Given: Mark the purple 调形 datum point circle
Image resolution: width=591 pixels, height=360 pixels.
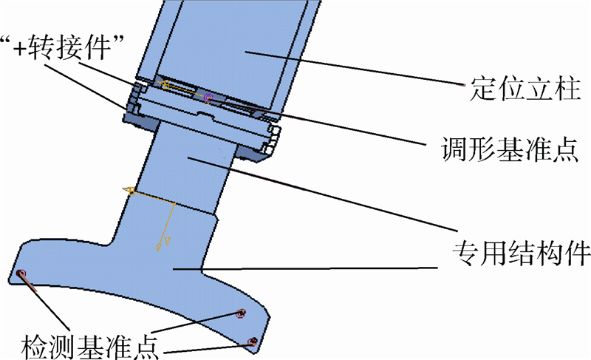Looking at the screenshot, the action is pos(208,97).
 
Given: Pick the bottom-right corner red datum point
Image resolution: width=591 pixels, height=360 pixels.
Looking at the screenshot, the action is pos(253,342).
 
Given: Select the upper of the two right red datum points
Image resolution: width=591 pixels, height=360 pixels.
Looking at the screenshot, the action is pos(240,314).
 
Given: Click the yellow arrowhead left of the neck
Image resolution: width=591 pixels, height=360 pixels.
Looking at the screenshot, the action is pos(128,191).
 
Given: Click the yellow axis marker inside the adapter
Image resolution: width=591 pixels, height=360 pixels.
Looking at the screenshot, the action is pos(165,85).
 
